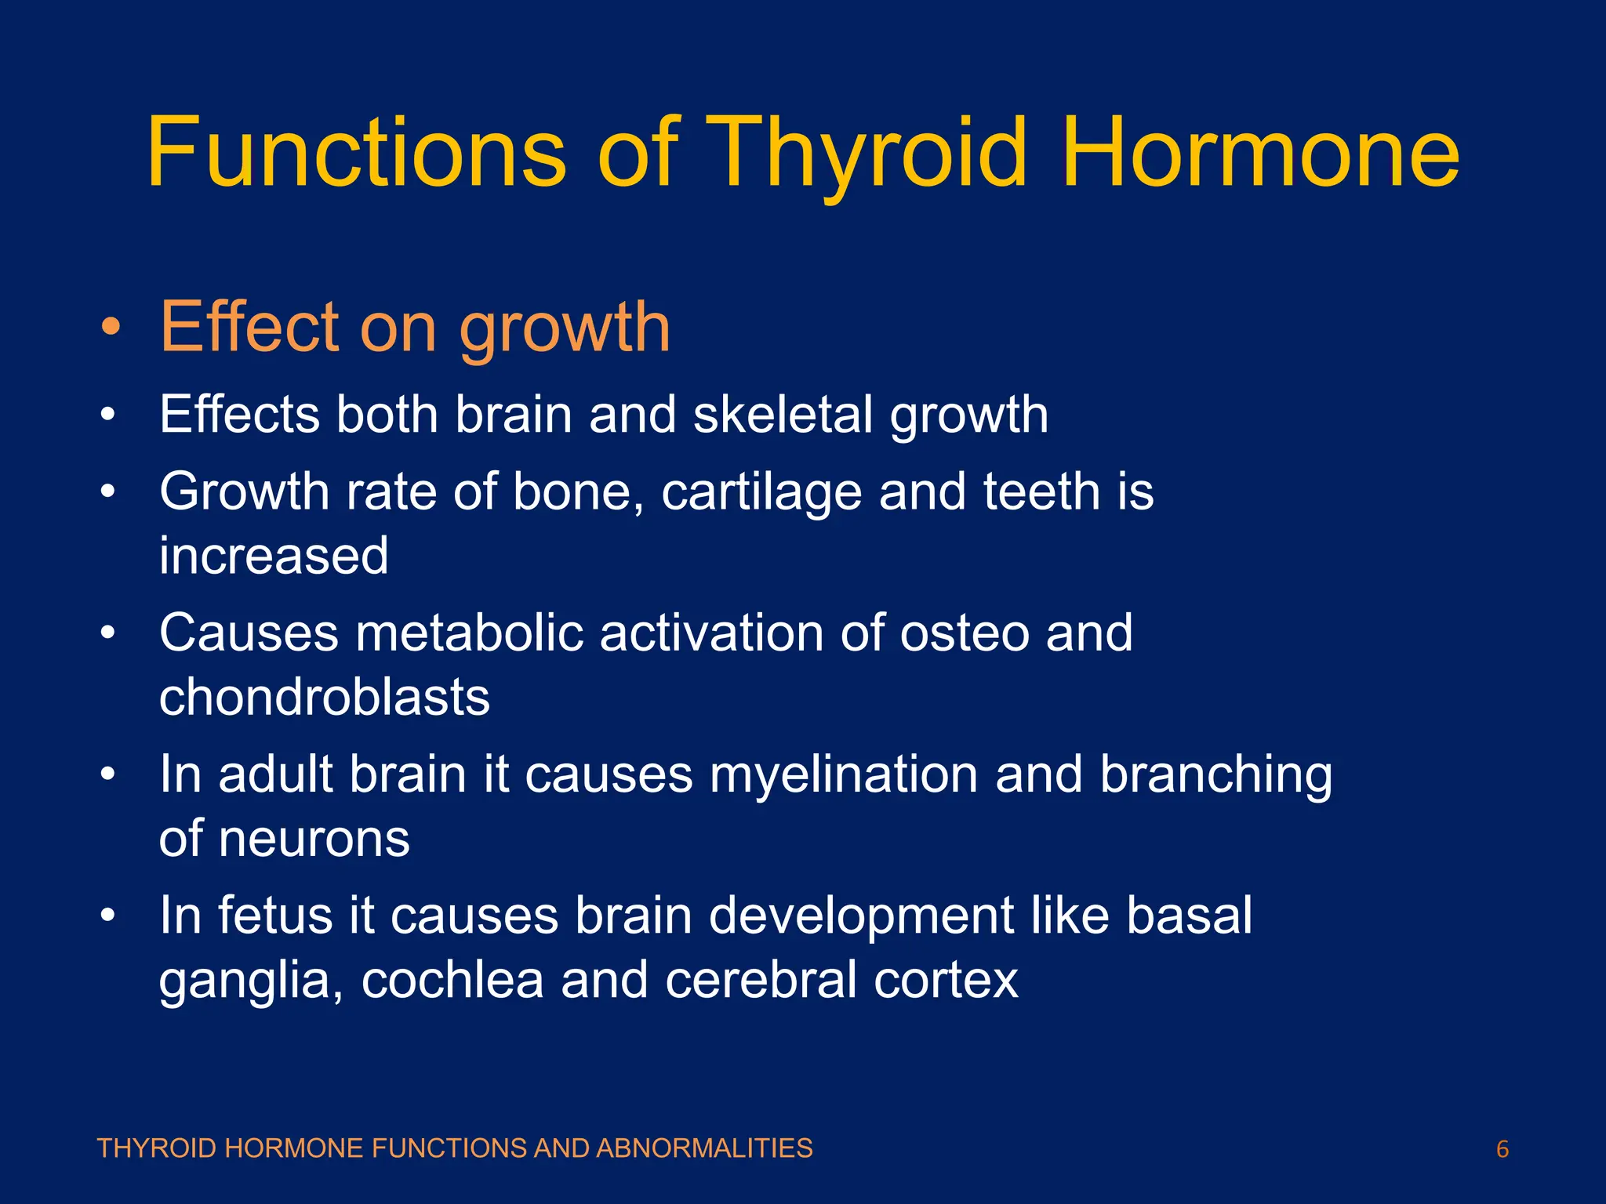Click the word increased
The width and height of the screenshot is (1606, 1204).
point(274,556)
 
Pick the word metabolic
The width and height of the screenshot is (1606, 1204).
point(470,633)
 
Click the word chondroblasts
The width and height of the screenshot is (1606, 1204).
point(324,697)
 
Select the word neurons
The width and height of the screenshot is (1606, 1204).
point(314,839)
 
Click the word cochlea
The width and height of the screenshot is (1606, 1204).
point(452,981)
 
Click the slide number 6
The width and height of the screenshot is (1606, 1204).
point(1502,1150)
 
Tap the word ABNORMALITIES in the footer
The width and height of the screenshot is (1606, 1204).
point(704,1148)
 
